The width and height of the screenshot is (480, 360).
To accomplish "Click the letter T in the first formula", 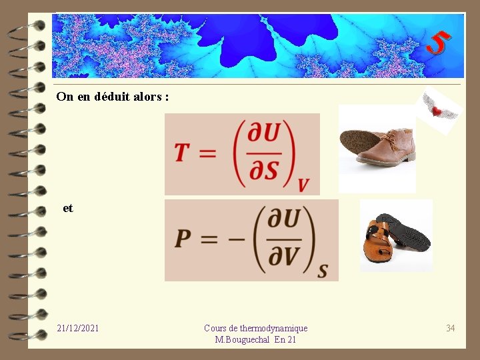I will point(182,153).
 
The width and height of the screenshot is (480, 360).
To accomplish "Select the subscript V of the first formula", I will point(303,185).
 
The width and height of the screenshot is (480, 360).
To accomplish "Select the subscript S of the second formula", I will point(323,271).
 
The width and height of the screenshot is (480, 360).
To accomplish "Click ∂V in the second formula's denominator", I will point(282,256).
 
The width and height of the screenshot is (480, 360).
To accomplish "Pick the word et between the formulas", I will point(68,208).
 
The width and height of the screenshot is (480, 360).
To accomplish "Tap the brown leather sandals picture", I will point(396,235).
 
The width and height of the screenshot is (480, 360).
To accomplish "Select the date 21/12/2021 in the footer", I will point(78,328).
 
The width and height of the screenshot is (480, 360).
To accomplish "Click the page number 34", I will point(451,328).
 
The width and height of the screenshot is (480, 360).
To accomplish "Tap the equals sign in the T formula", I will point(207,153).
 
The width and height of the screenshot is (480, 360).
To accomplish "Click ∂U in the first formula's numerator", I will point(263,134).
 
